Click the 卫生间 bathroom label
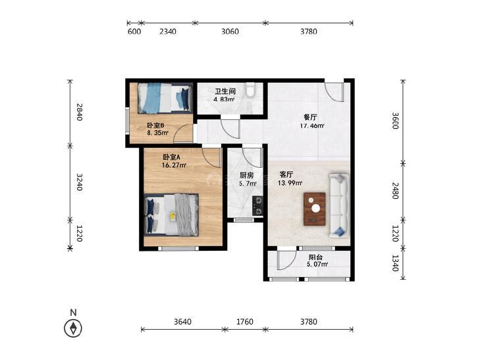225,91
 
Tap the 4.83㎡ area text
224,99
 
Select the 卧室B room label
156,126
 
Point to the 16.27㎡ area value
174,165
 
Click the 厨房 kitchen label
246,176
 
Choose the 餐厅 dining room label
310,117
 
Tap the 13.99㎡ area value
290,183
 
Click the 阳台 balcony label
315,257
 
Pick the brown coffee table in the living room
314,209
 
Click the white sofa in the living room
339,205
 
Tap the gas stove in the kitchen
257,206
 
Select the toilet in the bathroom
251,90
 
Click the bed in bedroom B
165,98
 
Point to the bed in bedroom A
171,215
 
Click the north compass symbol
73,328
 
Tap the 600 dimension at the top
134,31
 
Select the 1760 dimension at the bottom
245,321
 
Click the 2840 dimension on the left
79,112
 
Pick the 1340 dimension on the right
395,263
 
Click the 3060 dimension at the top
230,31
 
